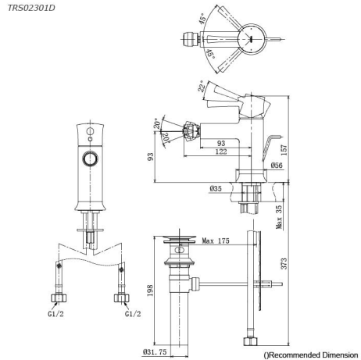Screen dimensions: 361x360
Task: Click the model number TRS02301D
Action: point(31,8)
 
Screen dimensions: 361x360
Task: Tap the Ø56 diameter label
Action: point(277,165)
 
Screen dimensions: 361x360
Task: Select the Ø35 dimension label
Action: point(216,188)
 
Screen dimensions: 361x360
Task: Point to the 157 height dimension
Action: point(284,150)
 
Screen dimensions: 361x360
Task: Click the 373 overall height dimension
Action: point(284,263)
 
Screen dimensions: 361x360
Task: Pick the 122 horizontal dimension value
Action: point(221,151)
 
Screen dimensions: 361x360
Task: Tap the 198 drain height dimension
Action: point(150,290)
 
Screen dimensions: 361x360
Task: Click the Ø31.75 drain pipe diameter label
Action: point(155,352)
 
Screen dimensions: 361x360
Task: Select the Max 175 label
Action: point(216,241)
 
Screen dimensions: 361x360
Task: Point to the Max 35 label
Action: point(279,217)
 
